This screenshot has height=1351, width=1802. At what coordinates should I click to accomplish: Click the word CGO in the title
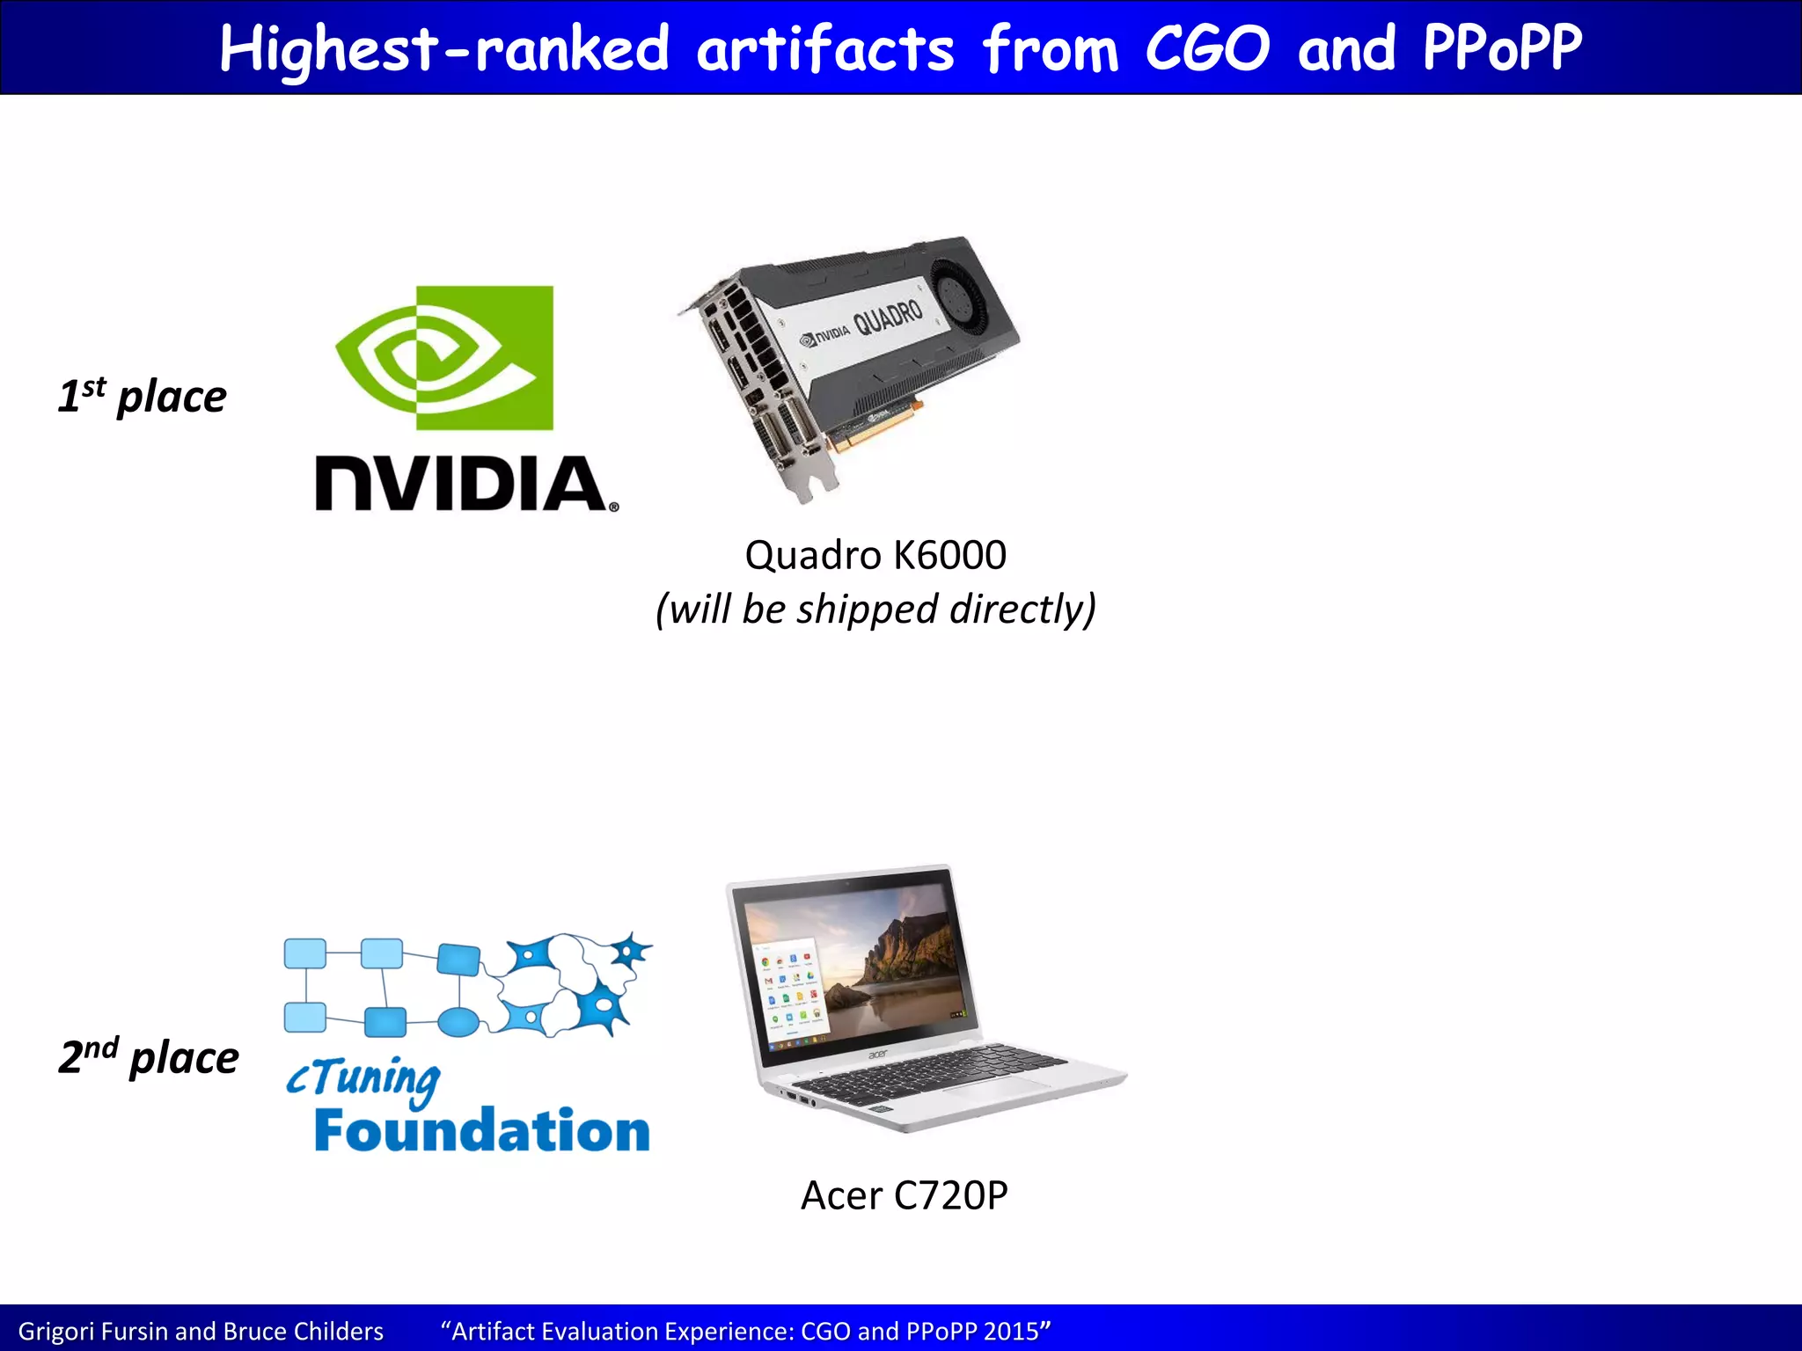[1207, 48]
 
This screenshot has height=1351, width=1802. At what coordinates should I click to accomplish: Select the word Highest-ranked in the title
[444, 50]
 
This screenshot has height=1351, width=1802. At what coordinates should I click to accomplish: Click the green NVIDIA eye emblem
[445, 358]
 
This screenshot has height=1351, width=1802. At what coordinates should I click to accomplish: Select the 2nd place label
[149, 1056]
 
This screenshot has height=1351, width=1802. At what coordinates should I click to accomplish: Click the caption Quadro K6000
[875, 555]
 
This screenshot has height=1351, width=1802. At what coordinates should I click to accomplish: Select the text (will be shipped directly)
[876, 610]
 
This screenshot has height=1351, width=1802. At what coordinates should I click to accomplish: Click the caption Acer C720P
[904, 1195]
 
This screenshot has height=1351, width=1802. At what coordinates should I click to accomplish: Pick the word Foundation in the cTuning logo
[482, 1131]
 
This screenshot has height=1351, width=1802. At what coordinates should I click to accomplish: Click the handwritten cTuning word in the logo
[363, 1078]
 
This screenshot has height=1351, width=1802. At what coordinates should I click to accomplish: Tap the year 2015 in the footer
[1012, 1332]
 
